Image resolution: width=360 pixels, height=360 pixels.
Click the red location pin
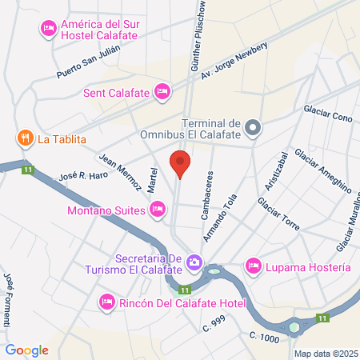pyautogui.click(x=180, y=165)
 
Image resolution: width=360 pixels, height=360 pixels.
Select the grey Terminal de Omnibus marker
pyautogui.click(x=253, y=127)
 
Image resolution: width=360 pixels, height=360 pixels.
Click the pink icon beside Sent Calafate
pyautogui.click(x=162, y=92)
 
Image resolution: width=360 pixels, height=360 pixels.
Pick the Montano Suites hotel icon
pyautogui.click(x=157, y=210)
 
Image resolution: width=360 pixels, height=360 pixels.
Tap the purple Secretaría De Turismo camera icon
pyautogui.click(x=194, y=262)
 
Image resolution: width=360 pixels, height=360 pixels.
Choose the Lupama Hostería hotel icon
pyautogui.click(x=254, y=265)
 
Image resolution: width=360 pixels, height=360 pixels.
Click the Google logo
pyautogui.click(x=28, y=350)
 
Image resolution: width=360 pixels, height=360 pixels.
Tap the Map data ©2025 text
pyautogui.click(x=325, y=354)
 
